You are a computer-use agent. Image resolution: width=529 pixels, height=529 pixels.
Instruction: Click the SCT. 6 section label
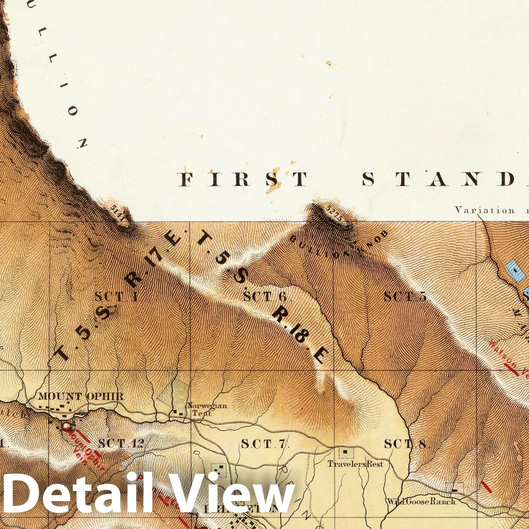point(264,297)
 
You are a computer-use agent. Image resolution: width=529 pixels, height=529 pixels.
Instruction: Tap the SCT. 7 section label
point(265,444)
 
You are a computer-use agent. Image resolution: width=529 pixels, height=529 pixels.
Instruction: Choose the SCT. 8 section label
point(405,444)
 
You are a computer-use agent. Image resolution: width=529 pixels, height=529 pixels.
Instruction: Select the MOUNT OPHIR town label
point(81,396)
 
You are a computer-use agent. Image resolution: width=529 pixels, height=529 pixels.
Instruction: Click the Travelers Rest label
point(355,464)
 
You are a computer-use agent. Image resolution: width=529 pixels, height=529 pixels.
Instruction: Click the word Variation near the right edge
point(484,210)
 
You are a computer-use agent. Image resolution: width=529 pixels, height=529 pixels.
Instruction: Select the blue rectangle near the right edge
point(514,271)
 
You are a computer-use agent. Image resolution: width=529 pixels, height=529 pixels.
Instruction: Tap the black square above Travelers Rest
point(346,451)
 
